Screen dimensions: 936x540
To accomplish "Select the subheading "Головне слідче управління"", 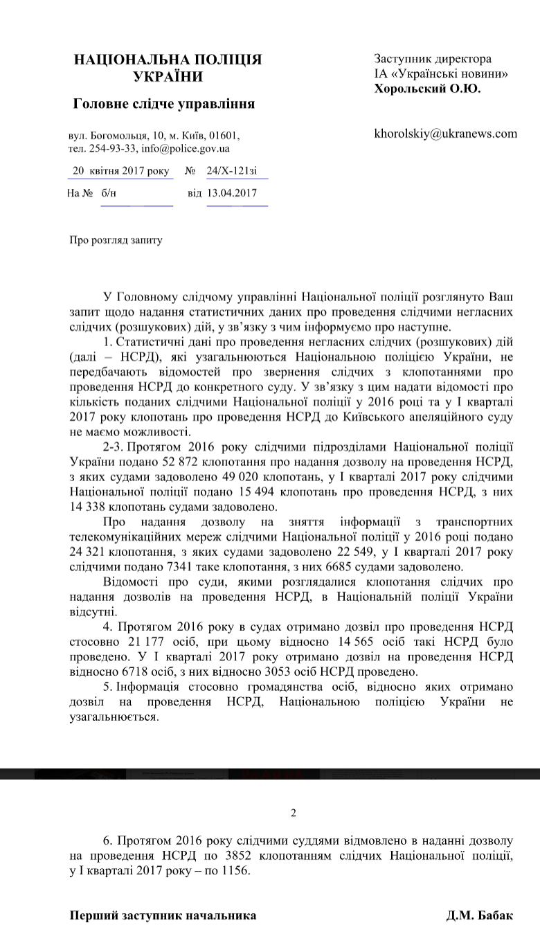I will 164,105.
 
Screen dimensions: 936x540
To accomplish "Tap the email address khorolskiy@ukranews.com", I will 445,134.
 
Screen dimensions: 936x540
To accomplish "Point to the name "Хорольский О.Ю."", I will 427,89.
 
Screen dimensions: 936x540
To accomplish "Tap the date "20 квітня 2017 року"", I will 121,171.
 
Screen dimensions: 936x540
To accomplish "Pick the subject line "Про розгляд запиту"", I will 116,240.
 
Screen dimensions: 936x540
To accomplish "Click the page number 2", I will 293,813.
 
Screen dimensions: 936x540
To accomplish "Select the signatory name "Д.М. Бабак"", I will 480,915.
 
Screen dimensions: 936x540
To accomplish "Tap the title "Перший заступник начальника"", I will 163,915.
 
